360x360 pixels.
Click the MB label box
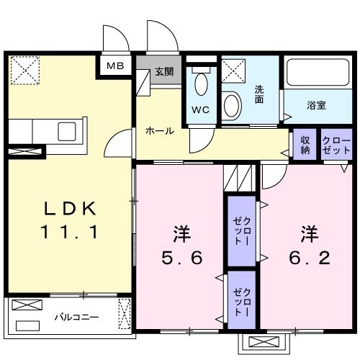[x=114, y=66]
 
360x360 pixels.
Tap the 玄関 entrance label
[x=163, y=71]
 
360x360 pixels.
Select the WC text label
[x=199, y=110]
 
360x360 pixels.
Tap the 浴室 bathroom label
[x=317, y=105]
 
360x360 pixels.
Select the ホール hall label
[x=159, y=130]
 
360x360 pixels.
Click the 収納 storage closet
[x=305, y=145]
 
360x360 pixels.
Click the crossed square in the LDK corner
[x=24, y=71]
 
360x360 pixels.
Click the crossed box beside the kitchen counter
[x=25, y=152]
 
